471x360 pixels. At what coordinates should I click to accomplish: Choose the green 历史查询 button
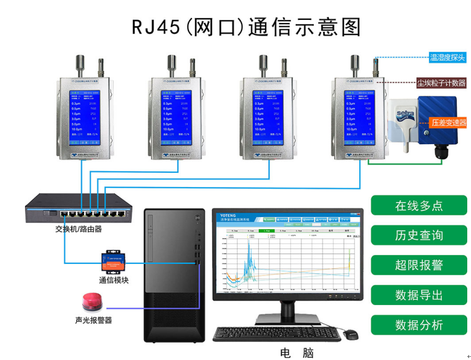[419, 235]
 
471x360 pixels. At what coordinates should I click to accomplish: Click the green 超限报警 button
[419, 265]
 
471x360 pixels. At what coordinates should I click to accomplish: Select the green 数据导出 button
[419, 294]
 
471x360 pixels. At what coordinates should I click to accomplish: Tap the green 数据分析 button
[419, 325]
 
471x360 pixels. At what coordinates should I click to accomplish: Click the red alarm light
[92, 302]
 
